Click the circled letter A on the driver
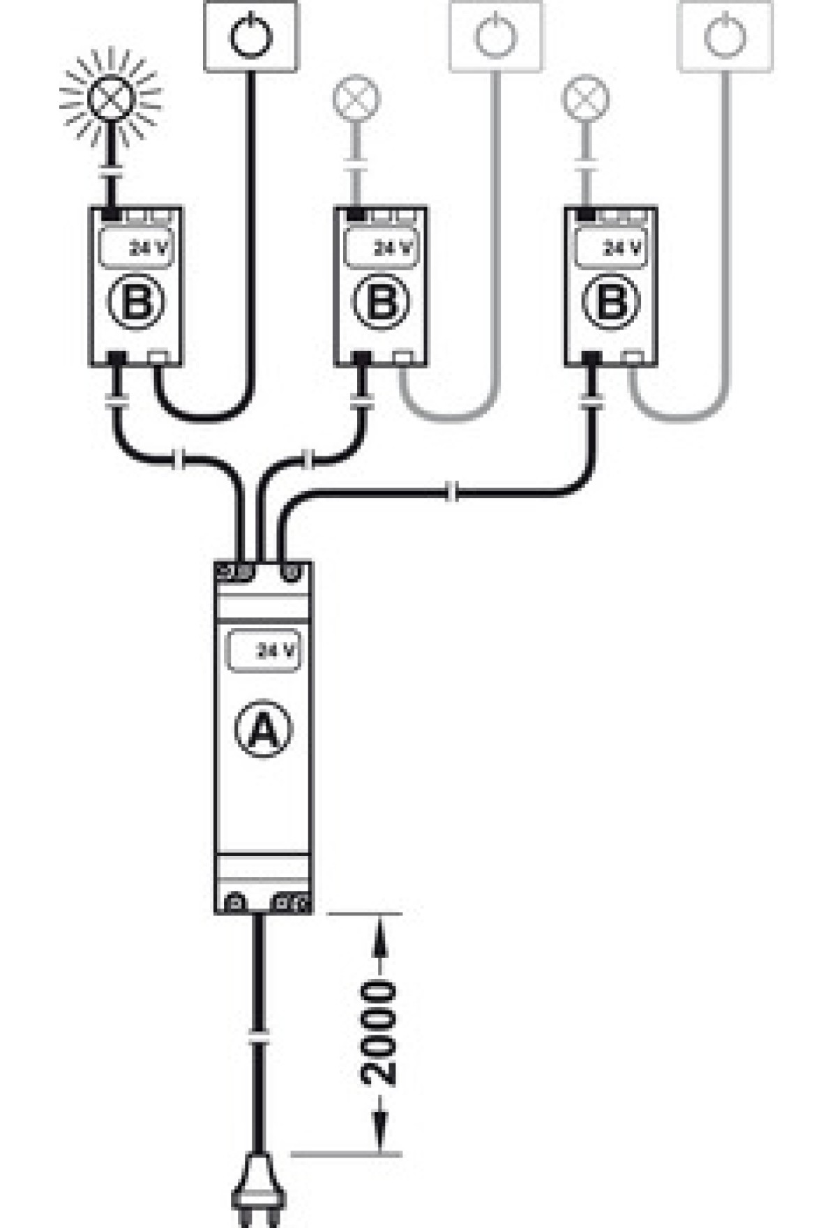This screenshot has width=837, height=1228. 262,729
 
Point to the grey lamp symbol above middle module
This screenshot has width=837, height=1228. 357,98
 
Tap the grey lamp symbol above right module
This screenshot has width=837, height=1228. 585,98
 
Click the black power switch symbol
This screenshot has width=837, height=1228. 251,36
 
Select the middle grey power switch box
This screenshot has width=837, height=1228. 496,36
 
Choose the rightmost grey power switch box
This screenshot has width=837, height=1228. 725,36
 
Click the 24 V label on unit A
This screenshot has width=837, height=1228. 276,651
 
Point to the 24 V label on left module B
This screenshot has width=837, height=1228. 149,248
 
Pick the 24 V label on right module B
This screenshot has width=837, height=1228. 622,248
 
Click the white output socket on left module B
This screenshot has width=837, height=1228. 160,358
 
